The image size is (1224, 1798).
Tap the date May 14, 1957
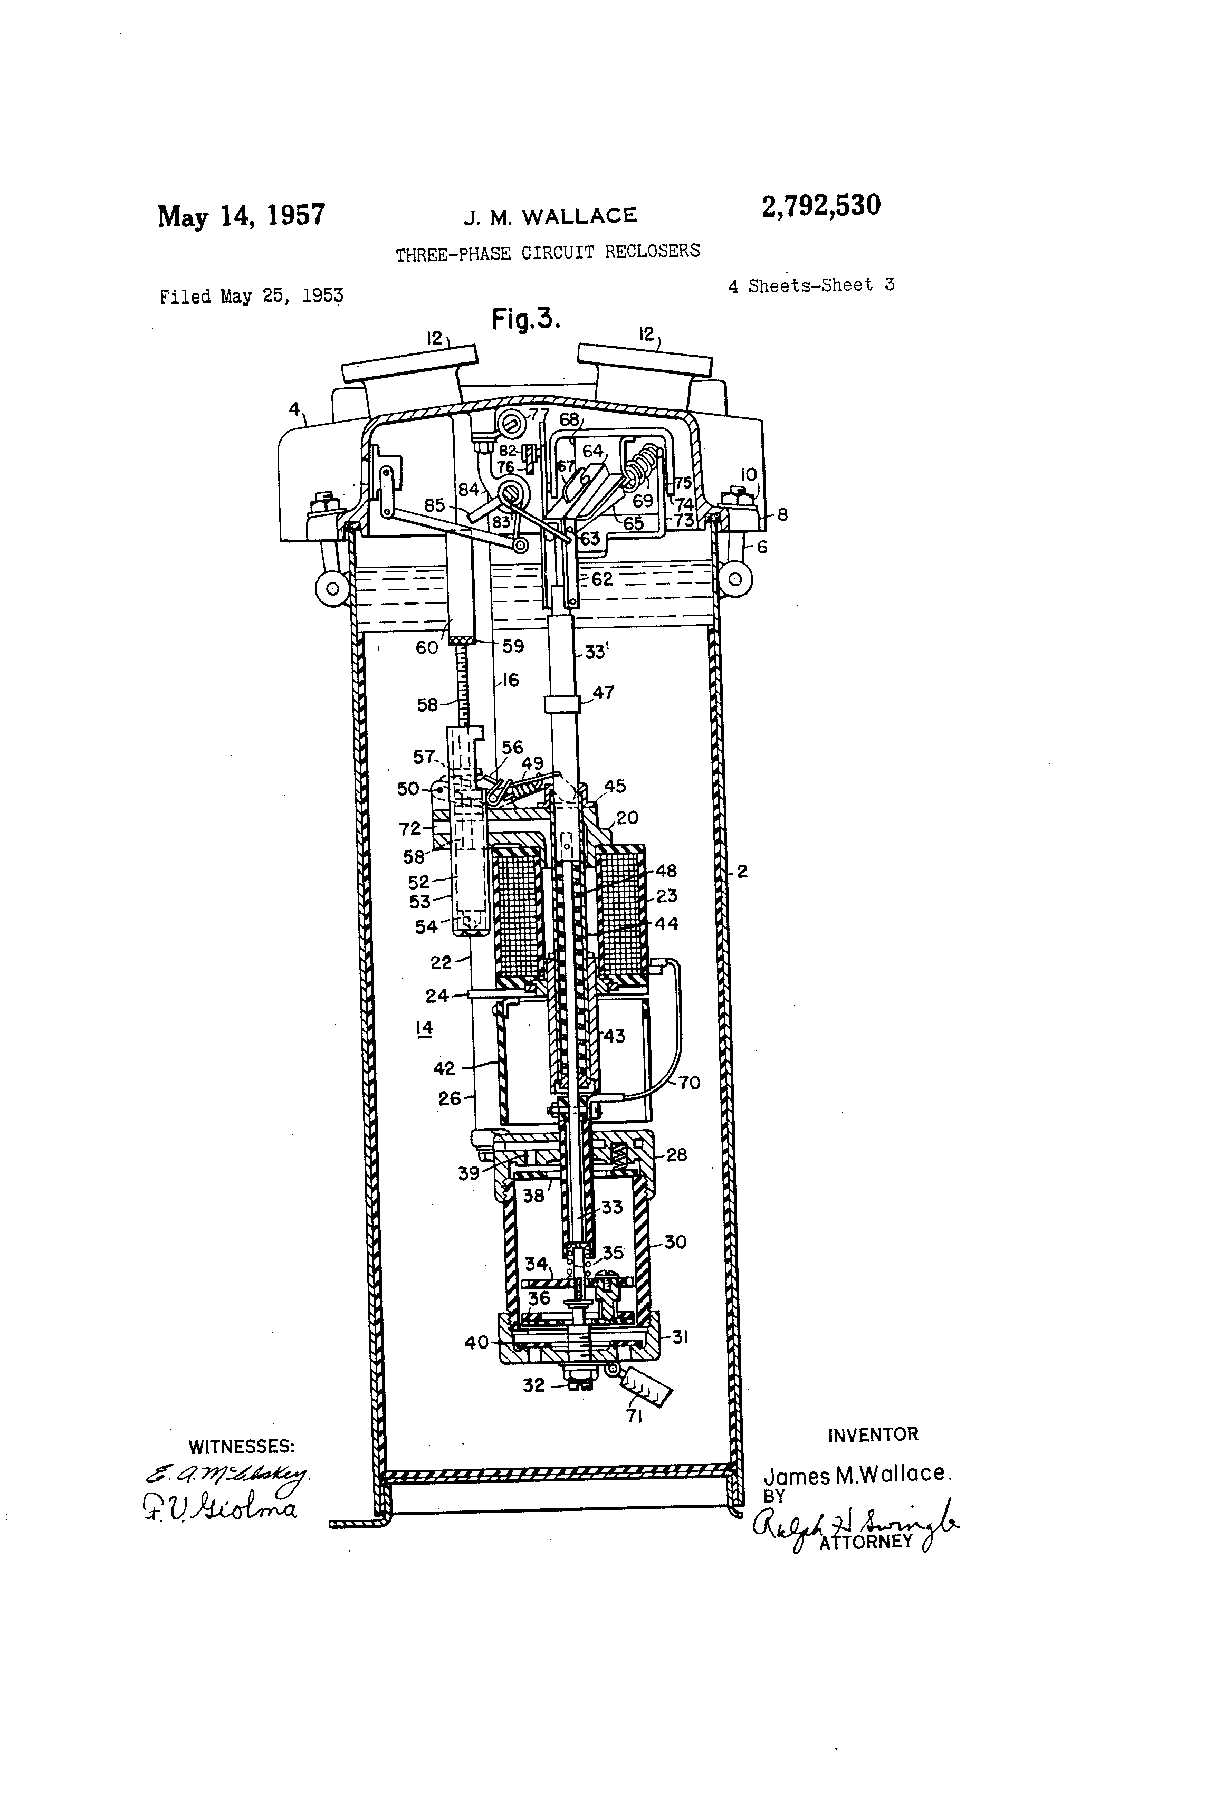point(242,215)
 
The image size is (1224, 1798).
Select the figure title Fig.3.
point(525,318)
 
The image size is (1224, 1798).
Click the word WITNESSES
point(242,1446)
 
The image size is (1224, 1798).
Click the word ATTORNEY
point(866,1542)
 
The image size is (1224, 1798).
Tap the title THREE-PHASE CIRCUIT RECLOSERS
point(548,252)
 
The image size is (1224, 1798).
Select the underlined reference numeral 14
point(424,1028)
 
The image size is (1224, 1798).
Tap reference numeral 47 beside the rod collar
point(604,692)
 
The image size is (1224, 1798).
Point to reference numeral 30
point(675,1242)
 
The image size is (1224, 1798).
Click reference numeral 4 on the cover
point(294,409)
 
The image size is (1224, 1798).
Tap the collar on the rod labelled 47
point(562,705)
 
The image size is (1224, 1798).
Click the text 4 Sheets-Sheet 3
point(811,285)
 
